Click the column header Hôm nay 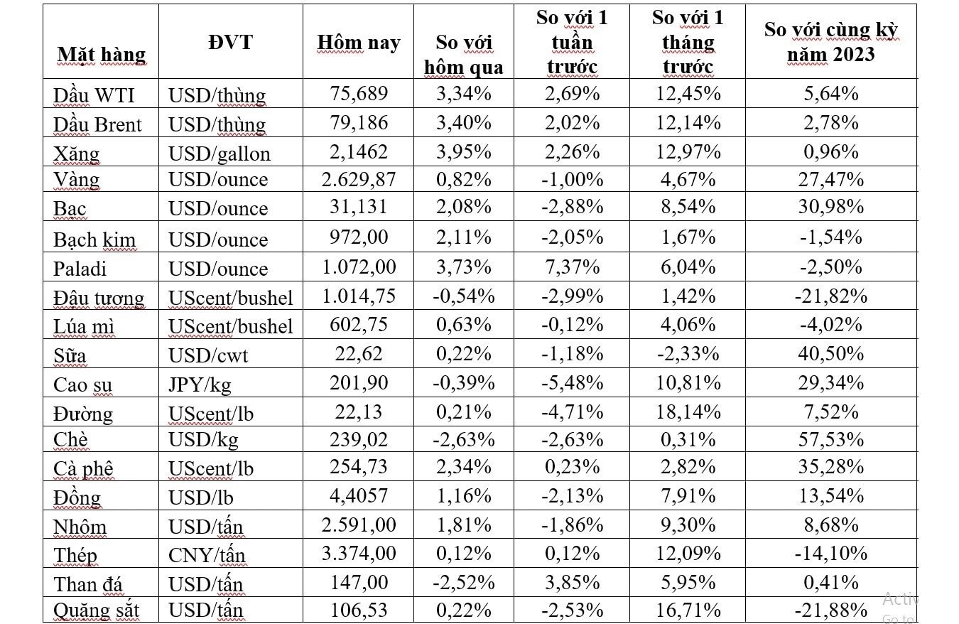coord(358,43)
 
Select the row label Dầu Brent coord(97,124)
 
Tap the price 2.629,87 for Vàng coord(358,179)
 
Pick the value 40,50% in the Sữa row coord(830,353)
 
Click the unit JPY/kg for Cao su coord(200,384)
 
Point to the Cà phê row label coord(83,468)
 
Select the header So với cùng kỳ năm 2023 coord(830,42)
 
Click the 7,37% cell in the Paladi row coord(572,267)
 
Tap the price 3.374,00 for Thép coord(358,553)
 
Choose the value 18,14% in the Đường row coord(688,411)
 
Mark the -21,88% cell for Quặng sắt coord(830,610)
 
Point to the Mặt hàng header coord(101,55)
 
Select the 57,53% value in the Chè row coord(830,439)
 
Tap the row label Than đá coord(88,583)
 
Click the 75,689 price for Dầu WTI coord(358,94)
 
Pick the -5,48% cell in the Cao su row coord(572,382)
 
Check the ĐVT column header coord(230,42)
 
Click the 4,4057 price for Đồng coord(358,497)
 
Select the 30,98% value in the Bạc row coord(830,207)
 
